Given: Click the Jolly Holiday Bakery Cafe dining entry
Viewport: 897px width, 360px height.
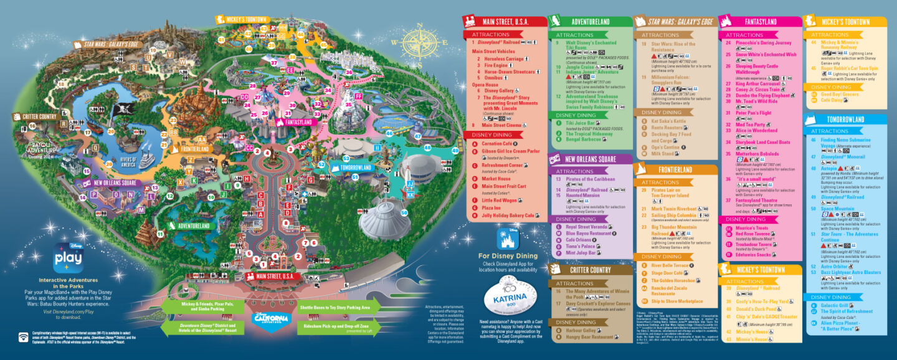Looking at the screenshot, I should tap(508, 216).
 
